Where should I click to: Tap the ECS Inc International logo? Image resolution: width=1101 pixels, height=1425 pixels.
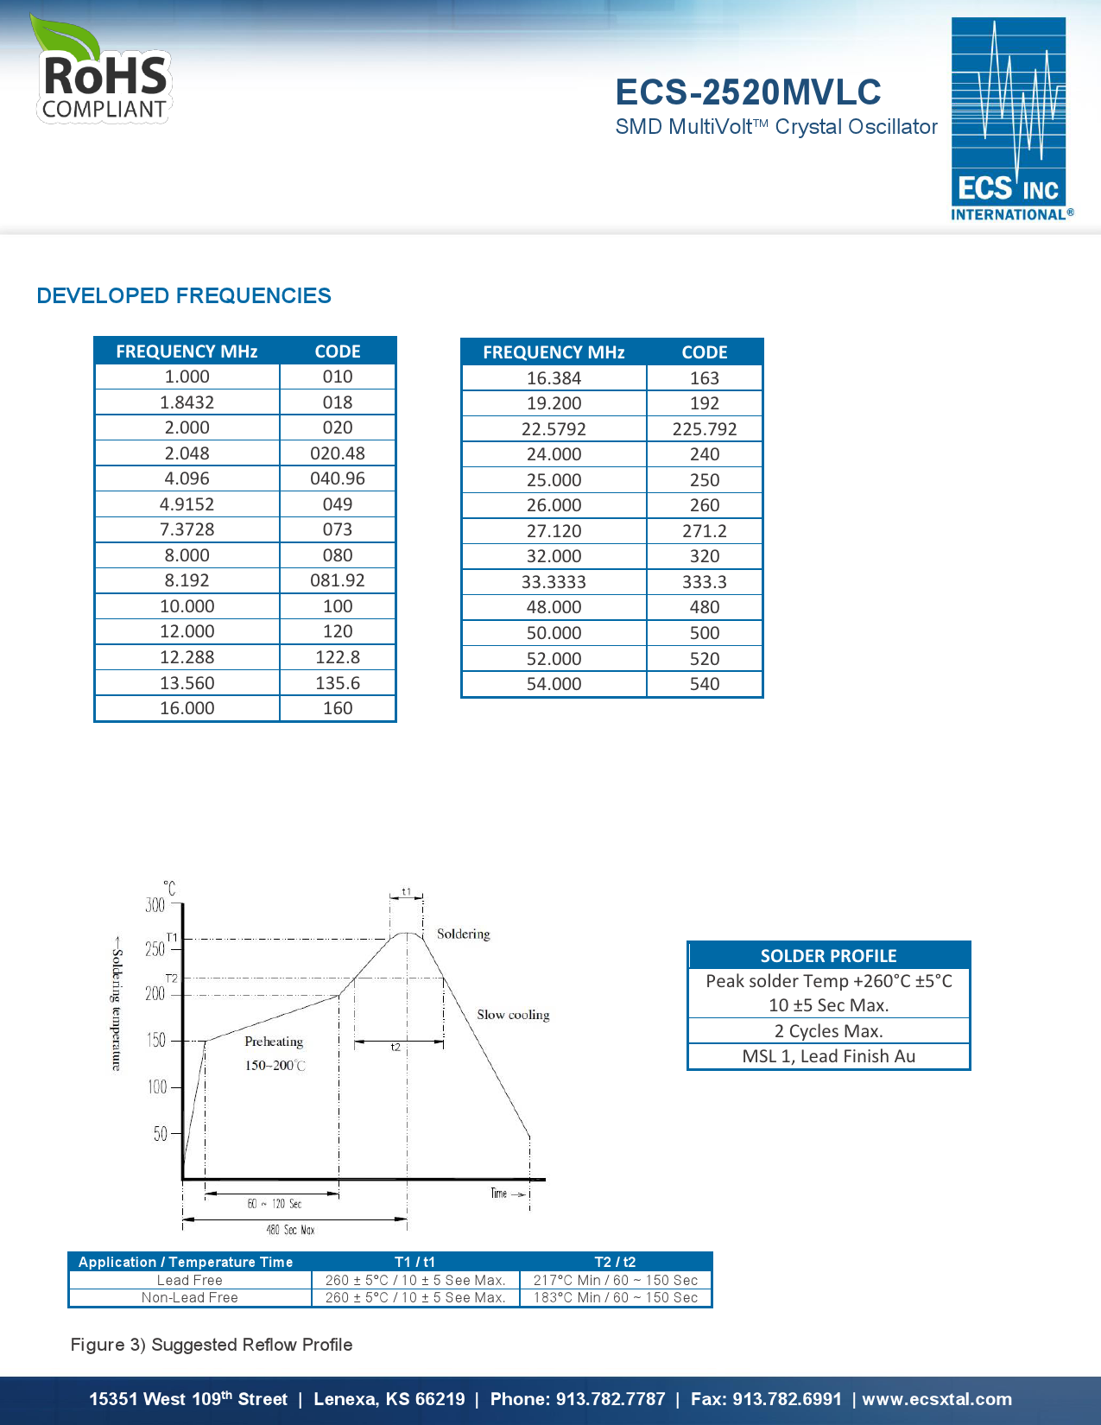[x=1010, y=119]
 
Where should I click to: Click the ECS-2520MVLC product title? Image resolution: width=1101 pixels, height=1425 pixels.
[x=748, y=92]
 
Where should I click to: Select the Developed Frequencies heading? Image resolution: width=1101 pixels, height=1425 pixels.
[x=184, y=295]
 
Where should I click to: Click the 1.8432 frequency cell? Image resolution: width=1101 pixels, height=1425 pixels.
[x=187, y=402]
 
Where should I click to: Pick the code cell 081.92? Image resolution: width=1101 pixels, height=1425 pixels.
[x=337, y=580]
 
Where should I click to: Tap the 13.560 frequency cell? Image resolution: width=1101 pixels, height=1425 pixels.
[x=187, y=683]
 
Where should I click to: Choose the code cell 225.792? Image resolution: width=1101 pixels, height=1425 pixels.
[x=704, y=429]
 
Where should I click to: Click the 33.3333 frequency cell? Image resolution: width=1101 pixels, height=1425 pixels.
[x=554, y=582]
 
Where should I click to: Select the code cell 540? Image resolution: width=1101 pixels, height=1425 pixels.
[x=704, y=684]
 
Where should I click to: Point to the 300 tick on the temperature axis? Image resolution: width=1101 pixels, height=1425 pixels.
[x=155, y=905]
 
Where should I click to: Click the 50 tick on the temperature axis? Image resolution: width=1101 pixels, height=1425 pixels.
[x=161, y=1133]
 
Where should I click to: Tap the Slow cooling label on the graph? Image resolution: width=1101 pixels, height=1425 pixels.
[x=513, y=1015]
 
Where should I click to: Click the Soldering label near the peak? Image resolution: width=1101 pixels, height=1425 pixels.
[x=463, y=934]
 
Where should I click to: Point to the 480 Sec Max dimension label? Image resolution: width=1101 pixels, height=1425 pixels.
[x=290, y=1230]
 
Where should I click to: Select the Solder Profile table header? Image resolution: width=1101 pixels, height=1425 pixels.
[x=828, y=956]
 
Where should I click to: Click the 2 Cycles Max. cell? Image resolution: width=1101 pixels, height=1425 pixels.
[x=828, y=1031]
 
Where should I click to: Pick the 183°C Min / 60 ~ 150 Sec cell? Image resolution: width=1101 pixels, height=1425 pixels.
[x=615, y=1298]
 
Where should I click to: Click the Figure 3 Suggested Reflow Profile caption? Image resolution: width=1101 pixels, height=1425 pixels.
[x=212, y=1345]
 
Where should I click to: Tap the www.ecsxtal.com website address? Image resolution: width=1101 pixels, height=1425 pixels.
[x=937, y=1399]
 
